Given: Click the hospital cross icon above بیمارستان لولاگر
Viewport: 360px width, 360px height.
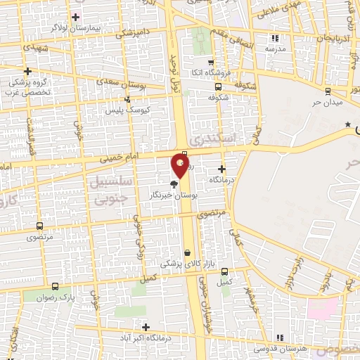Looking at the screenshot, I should click(75, 17).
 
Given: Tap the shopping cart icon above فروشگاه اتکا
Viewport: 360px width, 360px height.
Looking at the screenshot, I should click(210, 62).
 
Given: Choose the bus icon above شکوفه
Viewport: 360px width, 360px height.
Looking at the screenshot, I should click(217, 87).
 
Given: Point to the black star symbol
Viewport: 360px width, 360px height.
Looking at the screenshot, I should click(347, 124).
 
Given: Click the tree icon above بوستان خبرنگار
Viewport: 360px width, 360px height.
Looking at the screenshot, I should click(173, 182).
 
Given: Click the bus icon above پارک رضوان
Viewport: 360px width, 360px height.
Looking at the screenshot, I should click(56, 286).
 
